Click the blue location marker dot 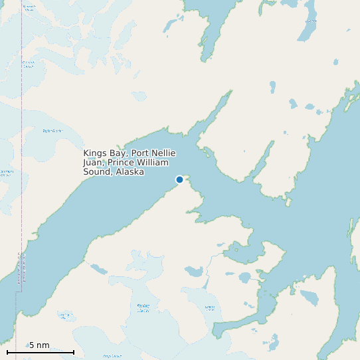pos(179,179)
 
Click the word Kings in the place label pos(94,153)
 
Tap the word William pos(153,162)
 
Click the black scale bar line pos(40,352)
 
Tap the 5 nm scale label pos(39,345)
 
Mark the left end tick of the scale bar pos(7,351)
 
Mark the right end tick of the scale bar pos(74,351)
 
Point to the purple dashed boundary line pos(22,133)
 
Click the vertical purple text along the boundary pos(18,269)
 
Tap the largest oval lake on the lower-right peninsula pos(310,296)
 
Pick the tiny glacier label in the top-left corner pos(29,8)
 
